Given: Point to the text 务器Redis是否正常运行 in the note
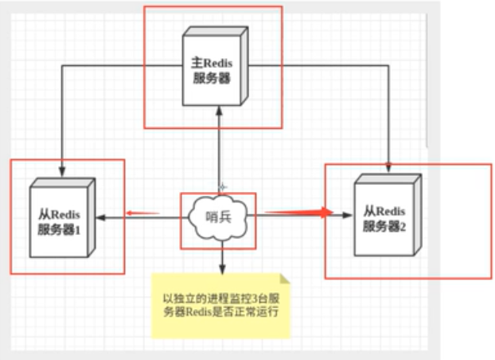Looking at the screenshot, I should (x=222, y=315).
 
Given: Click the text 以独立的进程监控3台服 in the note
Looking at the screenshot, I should (x=223, y=299).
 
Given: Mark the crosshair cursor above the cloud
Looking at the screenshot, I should (x=224, y=186).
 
